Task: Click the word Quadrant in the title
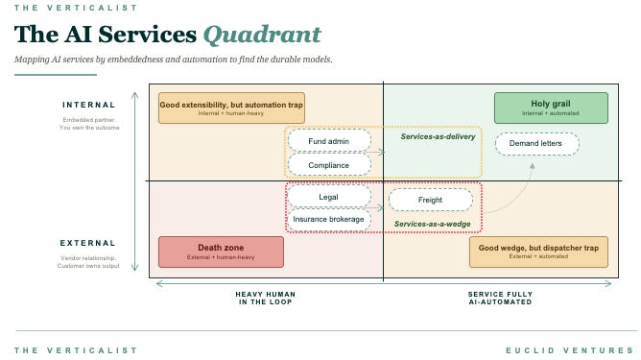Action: (262, 35)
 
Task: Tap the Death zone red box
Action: (221, 252)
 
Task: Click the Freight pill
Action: (430, 200)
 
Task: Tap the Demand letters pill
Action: (536, 143)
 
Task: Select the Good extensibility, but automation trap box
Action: (231, 108)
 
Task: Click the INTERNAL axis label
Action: (88, 105)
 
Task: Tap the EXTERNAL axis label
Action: (88, 243)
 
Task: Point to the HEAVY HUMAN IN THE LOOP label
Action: (264, 299)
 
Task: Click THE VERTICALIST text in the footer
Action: (70, 349)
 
